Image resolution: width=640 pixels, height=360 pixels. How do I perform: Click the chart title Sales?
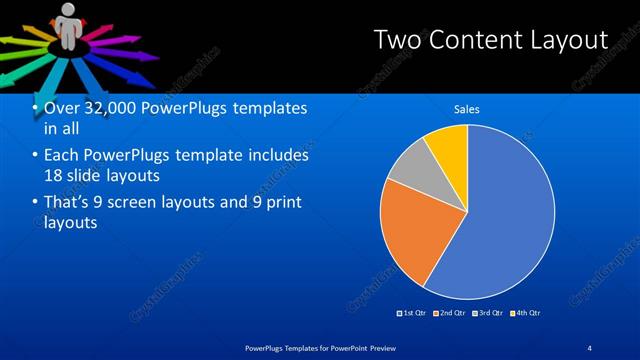tap(468, 108)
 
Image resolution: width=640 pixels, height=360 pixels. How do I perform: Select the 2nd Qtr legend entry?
tap(450, 313)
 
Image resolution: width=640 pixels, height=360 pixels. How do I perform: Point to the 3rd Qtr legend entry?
tap(488, 313)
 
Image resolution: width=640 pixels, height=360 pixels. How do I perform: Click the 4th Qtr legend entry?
tap(526, 313)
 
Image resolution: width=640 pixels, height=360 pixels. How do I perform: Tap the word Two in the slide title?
tap(396, 41)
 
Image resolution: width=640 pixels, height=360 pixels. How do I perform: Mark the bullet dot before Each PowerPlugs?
tap(36, 156)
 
